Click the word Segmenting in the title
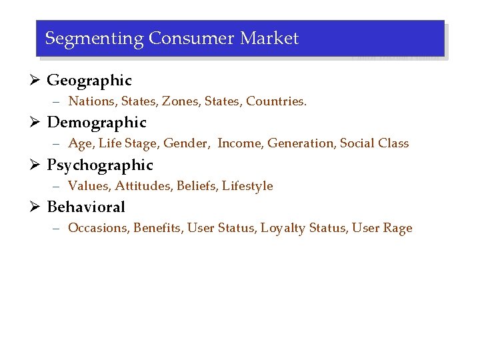94,39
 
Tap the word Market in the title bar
269,39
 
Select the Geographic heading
89,81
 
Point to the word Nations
92,101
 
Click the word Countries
276,101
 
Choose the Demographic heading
97,123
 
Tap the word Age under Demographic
81,143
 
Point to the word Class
393,143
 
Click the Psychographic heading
100,165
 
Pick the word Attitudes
143,186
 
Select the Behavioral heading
86,207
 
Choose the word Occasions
99,228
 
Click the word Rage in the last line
398,228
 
